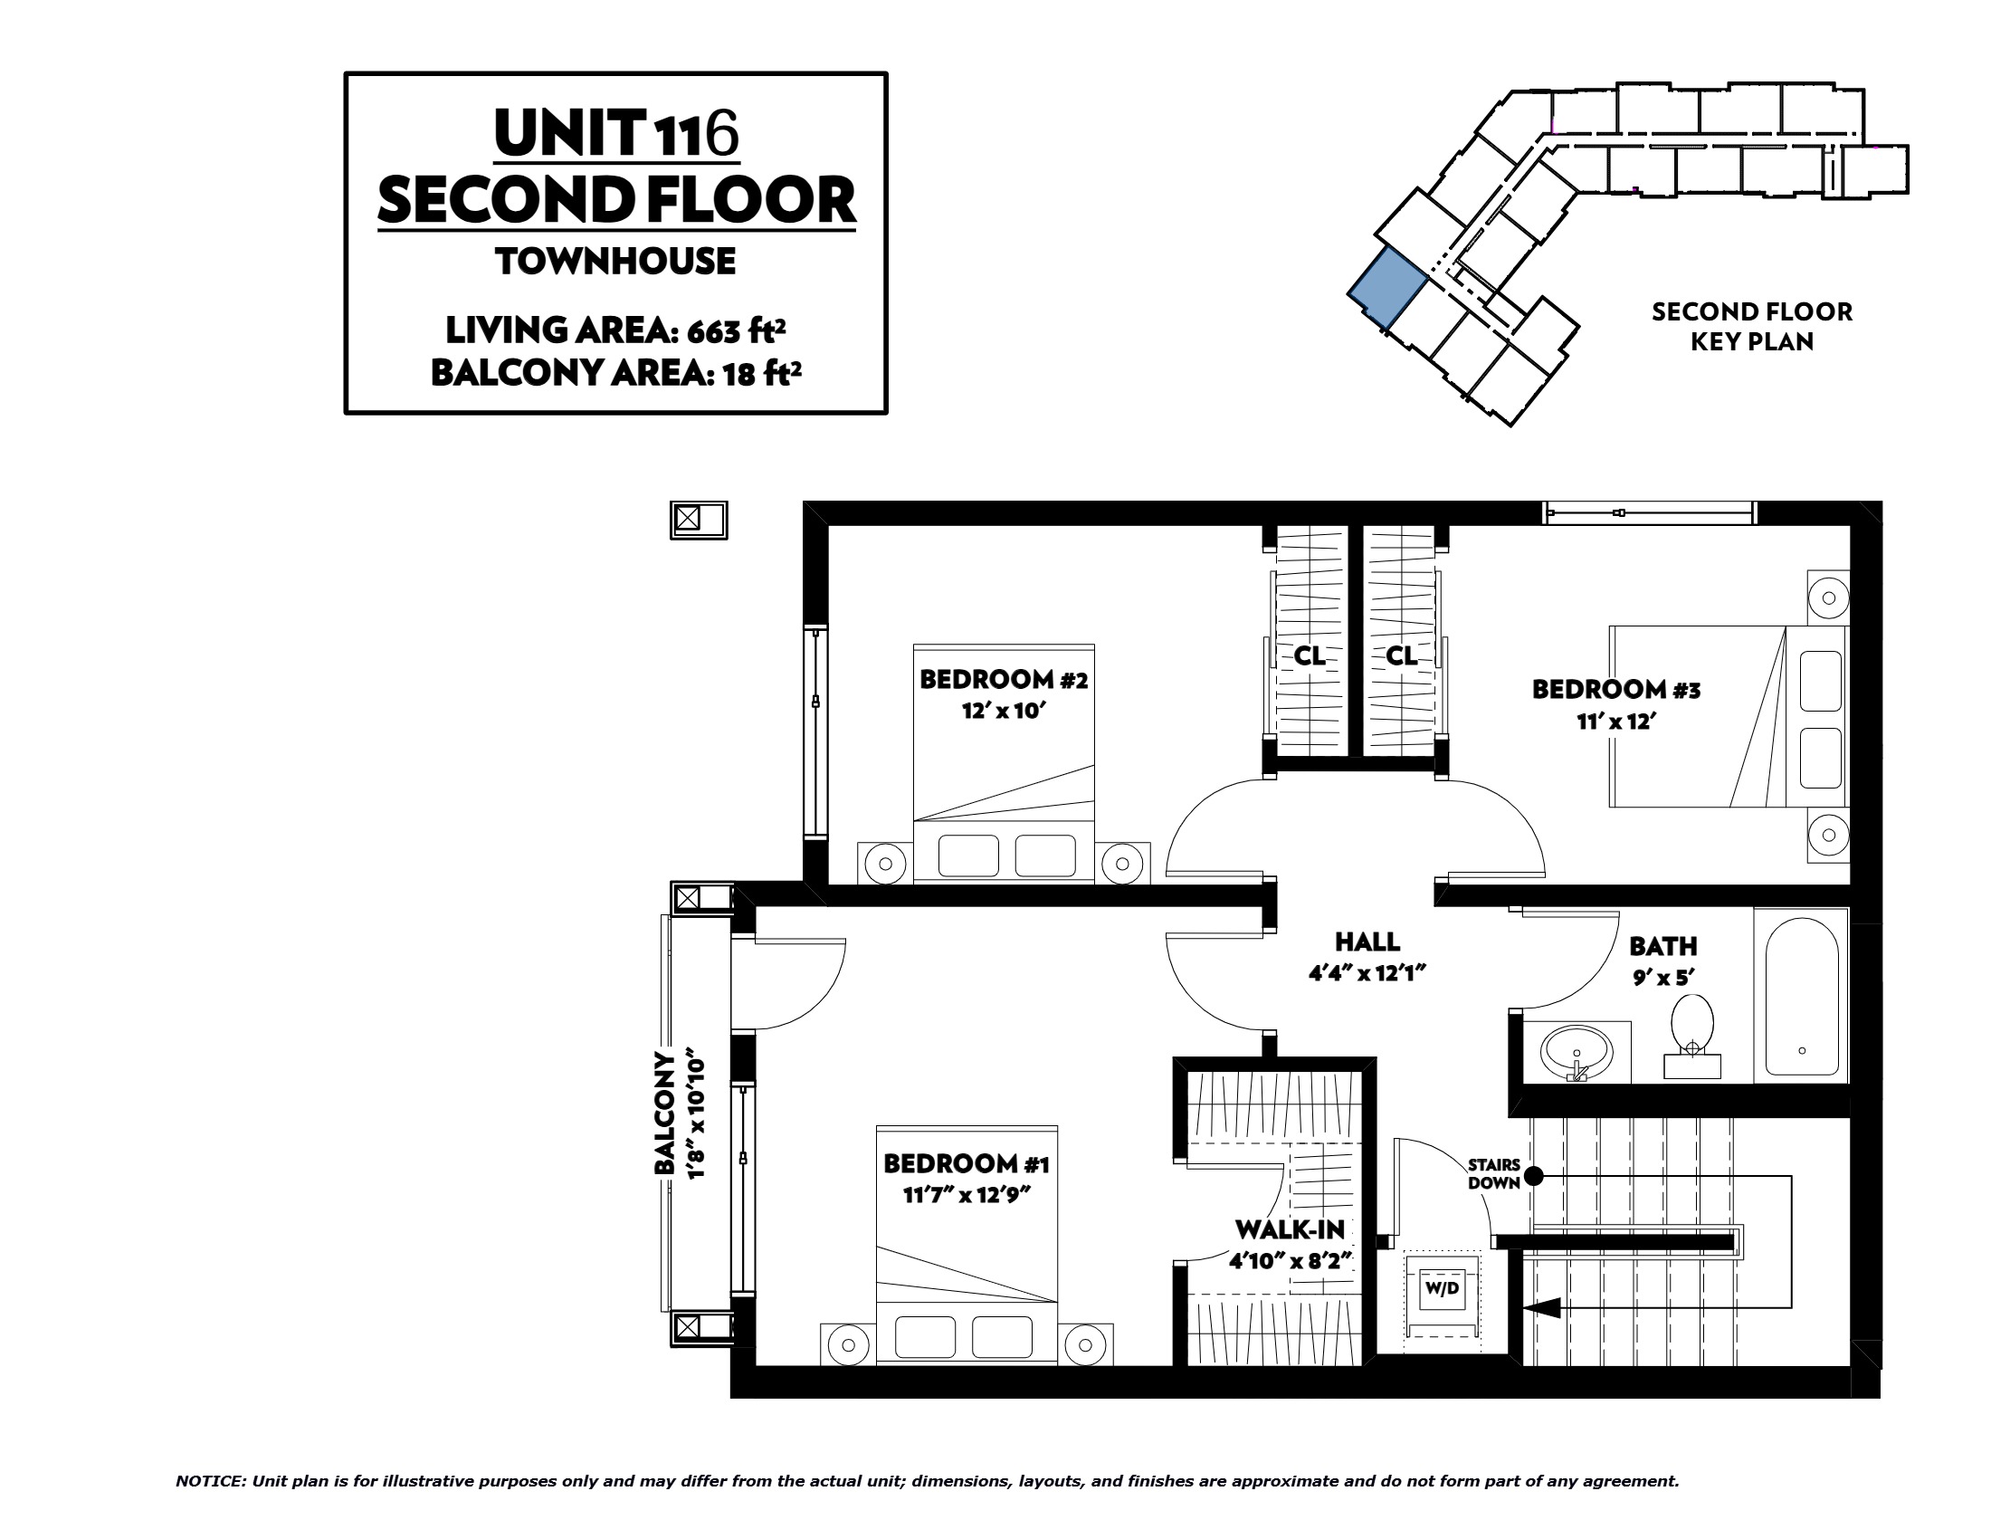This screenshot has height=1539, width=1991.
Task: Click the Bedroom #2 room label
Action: [1003, 679]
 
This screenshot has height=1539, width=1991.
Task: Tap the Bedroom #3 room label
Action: [1615, 689]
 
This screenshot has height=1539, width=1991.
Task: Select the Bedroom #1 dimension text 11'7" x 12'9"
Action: [967, 1193]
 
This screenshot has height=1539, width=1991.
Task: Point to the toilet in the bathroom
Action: [1692, 1037]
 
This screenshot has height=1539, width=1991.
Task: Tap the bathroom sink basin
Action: [1577, 1052]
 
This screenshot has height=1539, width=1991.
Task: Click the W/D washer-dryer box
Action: [1442, 1289]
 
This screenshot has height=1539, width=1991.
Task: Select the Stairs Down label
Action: [1494, 1174]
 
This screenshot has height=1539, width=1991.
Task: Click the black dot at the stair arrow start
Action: [1534, 1176]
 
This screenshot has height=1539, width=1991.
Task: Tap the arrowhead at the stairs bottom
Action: [1538, 1307]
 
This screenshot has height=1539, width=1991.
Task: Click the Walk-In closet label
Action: [1290, 1230]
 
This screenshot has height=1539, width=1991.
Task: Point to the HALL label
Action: [1367, 941]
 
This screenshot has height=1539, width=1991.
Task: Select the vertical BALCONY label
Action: [665, 1114]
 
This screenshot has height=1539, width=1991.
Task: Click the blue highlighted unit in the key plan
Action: [1387, 286]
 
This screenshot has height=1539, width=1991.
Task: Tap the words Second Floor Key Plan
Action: [1752, 327]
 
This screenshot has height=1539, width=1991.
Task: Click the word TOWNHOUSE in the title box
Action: [616, 262]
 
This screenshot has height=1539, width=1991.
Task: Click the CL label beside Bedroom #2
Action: [1310, 655]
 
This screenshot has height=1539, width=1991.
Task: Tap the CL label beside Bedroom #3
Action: [1401, 655]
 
